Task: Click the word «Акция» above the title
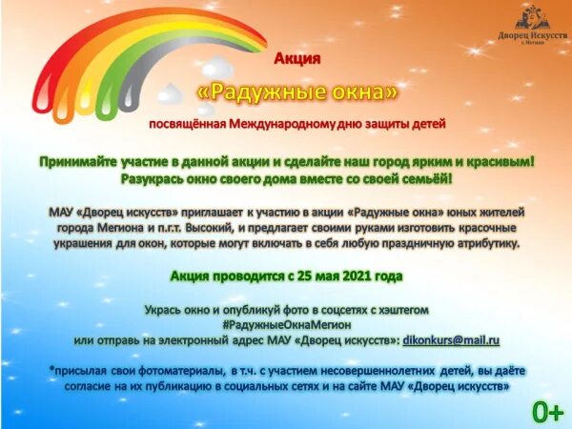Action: click(x=296, y=59)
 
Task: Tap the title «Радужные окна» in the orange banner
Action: click(x=296, y=92)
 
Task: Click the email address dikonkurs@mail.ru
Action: click(x=453, y=339)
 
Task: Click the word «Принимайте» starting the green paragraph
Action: click(x=79, y=162)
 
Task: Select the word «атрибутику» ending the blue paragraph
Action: click(x=480, y=245)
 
